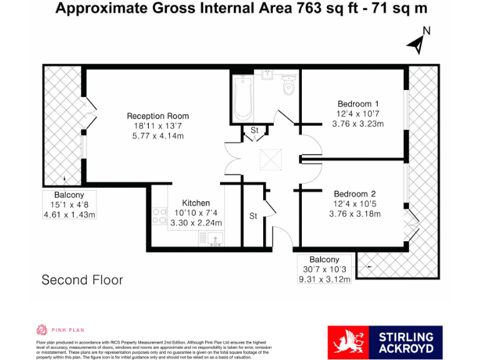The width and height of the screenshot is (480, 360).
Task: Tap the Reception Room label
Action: pyautogui.click(x=157, y=116)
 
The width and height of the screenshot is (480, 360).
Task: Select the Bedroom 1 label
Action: pyautogui.click(x=358, y=104)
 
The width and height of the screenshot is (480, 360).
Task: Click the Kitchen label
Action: pyautogui.click(x=196, y=203)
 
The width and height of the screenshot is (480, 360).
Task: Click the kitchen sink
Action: pyautogui.click(x=209, y=238)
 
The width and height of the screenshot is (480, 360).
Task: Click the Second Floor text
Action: pyautogui.click(x=82, y=280)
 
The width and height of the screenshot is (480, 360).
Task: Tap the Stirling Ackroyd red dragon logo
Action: pyautogui.click(x=347, y=343)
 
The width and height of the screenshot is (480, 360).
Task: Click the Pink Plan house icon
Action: pyautogui.click(x=42, y=329)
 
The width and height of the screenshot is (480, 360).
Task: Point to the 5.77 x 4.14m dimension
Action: pyautogui.click(x=157, y=136)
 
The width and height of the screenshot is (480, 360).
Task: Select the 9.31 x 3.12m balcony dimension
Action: pyautogui.click(x=324, y=279)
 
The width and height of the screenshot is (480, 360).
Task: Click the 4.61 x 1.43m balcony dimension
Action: pyautogui.click(x=69, y=214)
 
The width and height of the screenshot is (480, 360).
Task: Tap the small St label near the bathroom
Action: pyautogui.click(x=254, y=131)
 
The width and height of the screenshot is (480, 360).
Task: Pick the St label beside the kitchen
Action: pyautogui.click(x=253, y=216)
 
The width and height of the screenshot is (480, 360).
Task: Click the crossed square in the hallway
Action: pyautogui.click(x=272, y=159)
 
